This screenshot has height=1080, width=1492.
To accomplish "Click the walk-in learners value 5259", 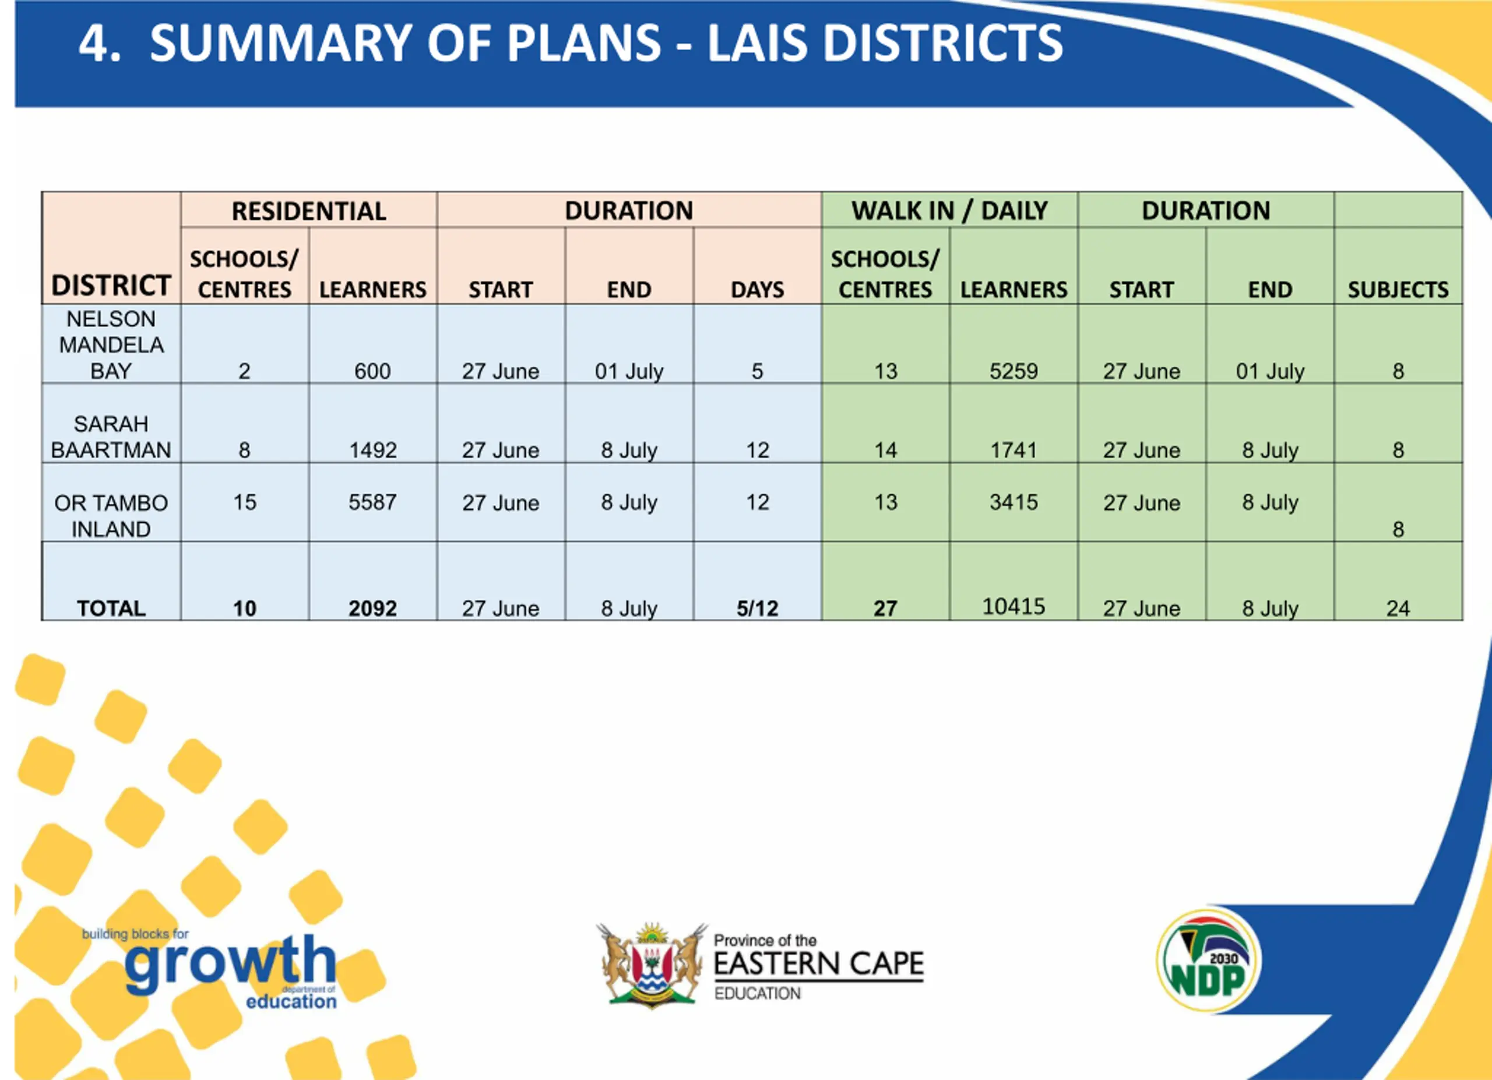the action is [x=1013, y=371].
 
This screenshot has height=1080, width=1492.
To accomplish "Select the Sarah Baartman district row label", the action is [x=111, y=437].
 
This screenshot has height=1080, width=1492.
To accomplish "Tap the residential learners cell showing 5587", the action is [x=372, y=502].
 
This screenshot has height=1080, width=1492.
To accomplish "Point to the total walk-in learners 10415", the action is [x=1013, y=606].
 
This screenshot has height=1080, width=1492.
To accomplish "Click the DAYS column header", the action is [x=757, y=290].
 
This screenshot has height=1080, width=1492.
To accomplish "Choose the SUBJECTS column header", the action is [x=1398, y=290].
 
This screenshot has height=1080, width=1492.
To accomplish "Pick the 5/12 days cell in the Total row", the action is [x=757, y=608].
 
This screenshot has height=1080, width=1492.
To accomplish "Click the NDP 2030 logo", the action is [x=1208, y=961].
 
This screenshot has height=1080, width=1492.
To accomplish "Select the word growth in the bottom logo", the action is [x=230, y=962].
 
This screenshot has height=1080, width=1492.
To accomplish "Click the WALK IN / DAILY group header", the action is [x=949, y=210].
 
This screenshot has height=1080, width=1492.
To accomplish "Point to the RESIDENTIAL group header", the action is [x=308, y=211].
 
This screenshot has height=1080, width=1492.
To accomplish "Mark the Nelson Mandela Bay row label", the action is [x=111, y=344].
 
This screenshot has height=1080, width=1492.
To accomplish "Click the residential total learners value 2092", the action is [x=372, y=608].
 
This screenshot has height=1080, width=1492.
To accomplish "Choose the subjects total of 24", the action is [x=1398, y=608].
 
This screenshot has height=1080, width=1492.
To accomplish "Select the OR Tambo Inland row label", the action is [x=111, y=516].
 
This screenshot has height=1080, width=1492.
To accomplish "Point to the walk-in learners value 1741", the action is [x=1013, y=450].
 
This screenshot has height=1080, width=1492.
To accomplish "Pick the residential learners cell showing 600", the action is [x=372, y=371].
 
